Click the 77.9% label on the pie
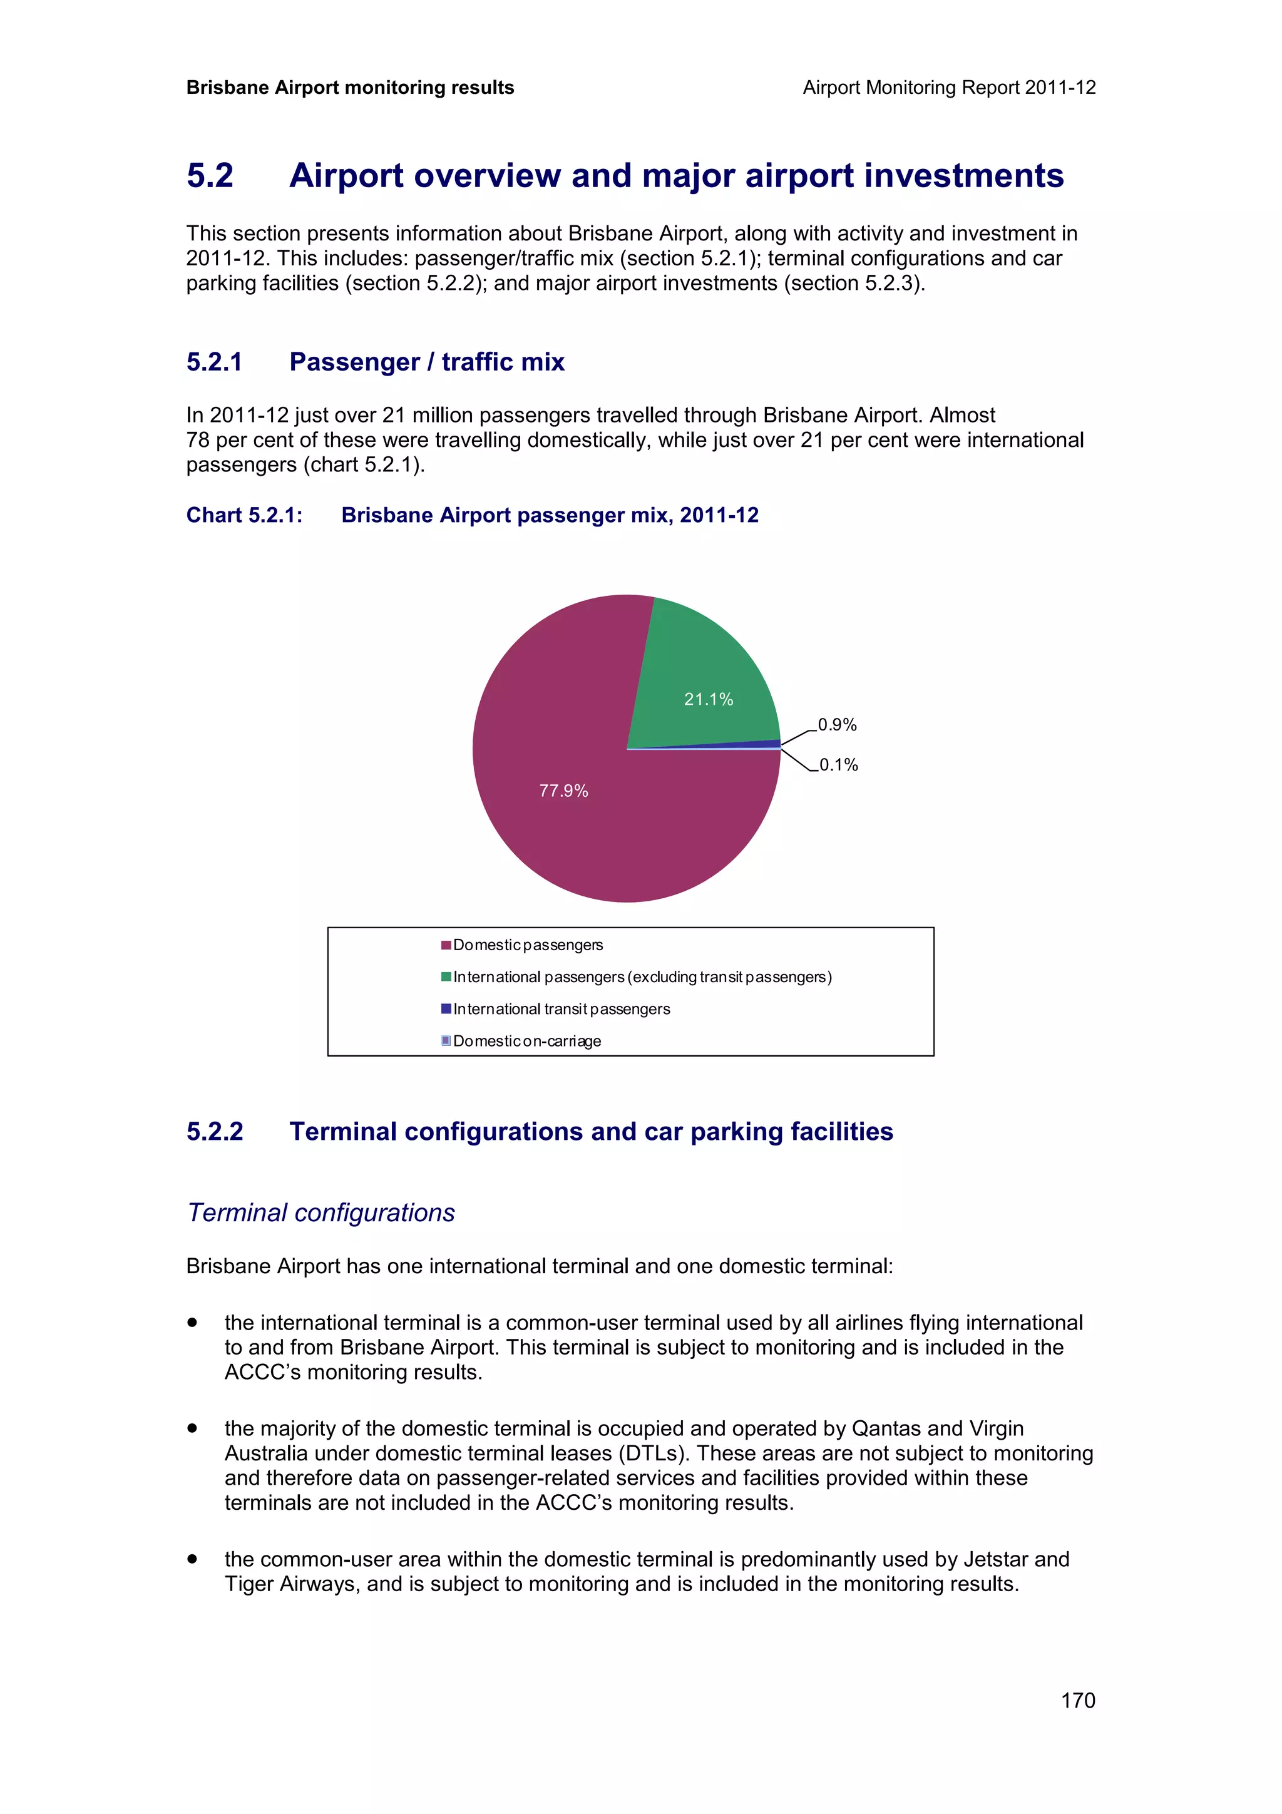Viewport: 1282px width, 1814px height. coord(563,791)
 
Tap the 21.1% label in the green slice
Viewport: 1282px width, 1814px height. coord(709,699)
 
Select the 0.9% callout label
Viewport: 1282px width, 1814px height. coord(838,724)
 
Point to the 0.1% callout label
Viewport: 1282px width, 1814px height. coord(839,765)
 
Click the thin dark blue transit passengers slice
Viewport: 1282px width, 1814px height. coord(758,744)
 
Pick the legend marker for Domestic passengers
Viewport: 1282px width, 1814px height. coord(446,945)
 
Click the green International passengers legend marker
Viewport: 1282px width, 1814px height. coord(446,977)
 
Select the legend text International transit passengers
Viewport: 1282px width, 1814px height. coord(562,1009)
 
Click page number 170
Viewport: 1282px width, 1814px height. coord(1077,1700)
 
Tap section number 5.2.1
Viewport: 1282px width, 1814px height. coord(214,362)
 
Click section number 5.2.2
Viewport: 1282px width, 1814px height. coord(214,1131)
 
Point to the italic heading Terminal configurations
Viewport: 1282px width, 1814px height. coord(320,1212)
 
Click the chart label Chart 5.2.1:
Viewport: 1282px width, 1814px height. coord(244,515)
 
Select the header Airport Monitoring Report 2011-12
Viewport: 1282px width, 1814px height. coord(948,88)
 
